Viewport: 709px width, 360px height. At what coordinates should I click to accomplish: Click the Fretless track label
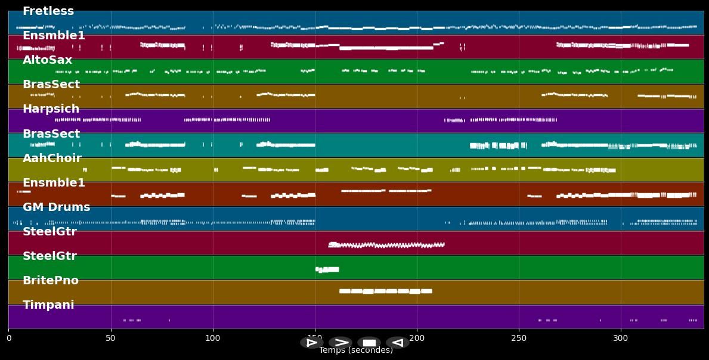coord(48,11)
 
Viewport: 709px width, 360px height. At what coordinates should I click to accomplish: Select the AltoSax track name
coord(47,60)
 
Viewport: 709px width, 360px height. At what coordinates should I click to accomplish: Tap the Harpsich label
coord(51,109)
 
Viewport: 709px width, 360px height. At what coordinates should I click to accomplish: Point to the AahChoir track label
coord(52,159)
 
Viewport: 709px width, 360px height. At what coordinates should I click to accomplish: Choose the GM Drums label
coord(56,207)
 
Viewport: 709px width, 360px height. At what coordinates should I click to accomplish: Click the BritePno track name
coord(51,281)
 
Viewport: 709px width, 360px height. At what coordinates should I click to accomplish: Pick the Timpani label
coord(48,305)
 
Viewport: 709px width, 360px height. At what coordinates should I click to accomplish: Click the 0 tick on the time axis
coord(9,339)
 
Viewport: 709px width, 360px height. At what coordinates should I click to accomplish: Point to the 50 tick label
coord(110,339)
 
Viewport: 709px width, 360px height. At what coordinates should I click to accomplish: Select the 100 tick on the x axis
coord(212,339)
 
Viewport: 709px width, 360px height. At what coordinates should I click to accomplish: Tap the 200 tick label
coord(417,339)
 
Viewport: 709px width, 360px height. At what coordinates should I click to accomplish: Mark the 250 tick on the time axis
coord(519,339)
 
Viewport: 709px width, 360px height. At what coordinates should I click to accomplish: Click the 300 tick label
coord(621,339)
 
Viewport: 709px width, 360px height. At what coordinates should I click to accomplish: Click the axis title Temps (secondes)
coord(356,350)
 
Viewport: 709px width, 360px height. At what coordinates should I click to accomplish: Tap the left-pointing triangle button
coord(397,343)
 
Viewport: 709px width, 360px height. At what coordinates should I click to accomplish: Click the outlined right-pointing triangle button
coord(311,343)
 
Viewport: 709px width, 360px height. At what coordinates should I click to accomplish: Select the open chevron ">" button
coord(340,343)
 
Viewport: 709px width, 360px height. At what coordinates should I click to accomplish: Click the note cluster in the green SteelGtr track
coord(327,269)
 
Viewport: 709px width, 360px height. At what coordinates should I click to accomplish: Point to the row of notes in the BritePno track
coord(385,291)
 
